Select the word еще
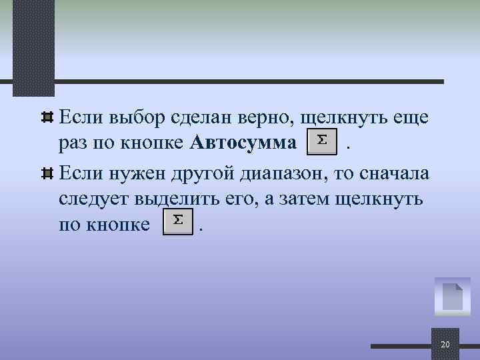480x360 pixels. point(411,119)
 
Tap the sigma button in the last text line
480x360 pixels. point(178,222)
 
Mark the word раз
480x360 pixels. point(71,143)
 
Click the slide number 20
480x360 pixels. point(445,345)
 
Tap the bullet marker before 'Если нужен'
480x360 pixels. point(47,173)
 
